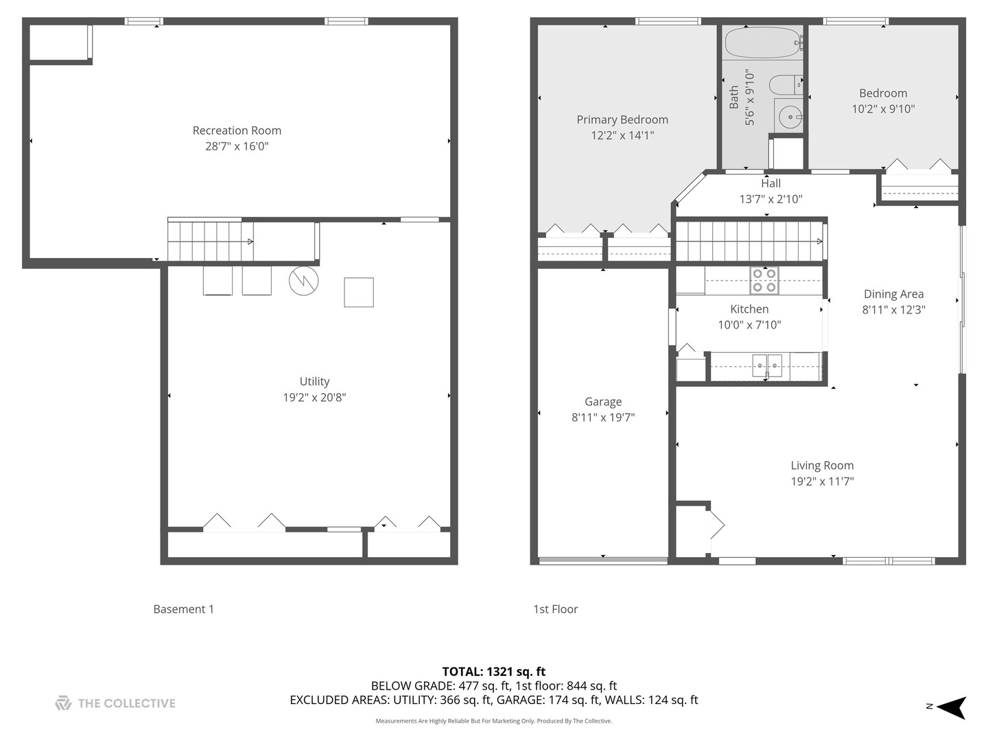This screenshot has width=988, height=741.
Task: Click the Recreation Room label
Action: click(237, 130)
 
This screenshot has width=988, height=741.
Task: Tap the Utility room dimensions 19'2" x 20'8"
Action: click(314, 397)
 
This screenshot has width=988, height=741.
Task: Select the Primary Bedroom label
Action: click(622, 119)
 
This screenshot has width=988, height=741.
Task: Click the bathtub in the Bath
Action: click(763, 43)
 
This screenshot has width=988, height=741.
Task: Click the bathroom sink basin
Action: click(790, 117)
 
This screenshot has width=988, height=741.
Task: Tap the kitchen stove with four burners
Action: click(764, 281)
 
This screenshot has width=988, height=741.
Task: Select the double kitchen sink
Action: click(766, 365)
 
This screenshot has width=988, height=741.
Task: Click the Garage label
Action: click(603, 402)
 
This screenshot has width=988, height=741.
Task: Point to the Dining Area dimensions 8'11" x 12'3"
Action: click(893, 309)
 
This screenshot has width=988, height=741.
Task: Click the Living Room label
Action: click(822, 466)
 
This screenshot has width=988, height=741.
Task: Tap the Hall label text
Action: click(771, 183)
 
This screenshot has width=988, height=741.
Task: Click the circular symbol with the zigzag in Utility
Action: click(303, 281)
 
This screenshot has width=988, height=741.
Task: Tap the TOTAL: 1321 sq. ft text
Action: click(493, 672)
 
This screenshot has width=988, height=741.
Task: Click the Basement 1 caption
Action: click(183, 609)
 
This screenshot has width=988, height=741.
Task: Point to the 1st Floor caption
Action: click(555, 609)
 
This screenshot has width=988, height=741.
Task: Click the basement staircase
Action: click(209, 241)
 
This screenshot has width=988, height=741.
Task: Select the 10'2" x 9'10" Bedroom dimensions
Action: click(883, 108)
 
